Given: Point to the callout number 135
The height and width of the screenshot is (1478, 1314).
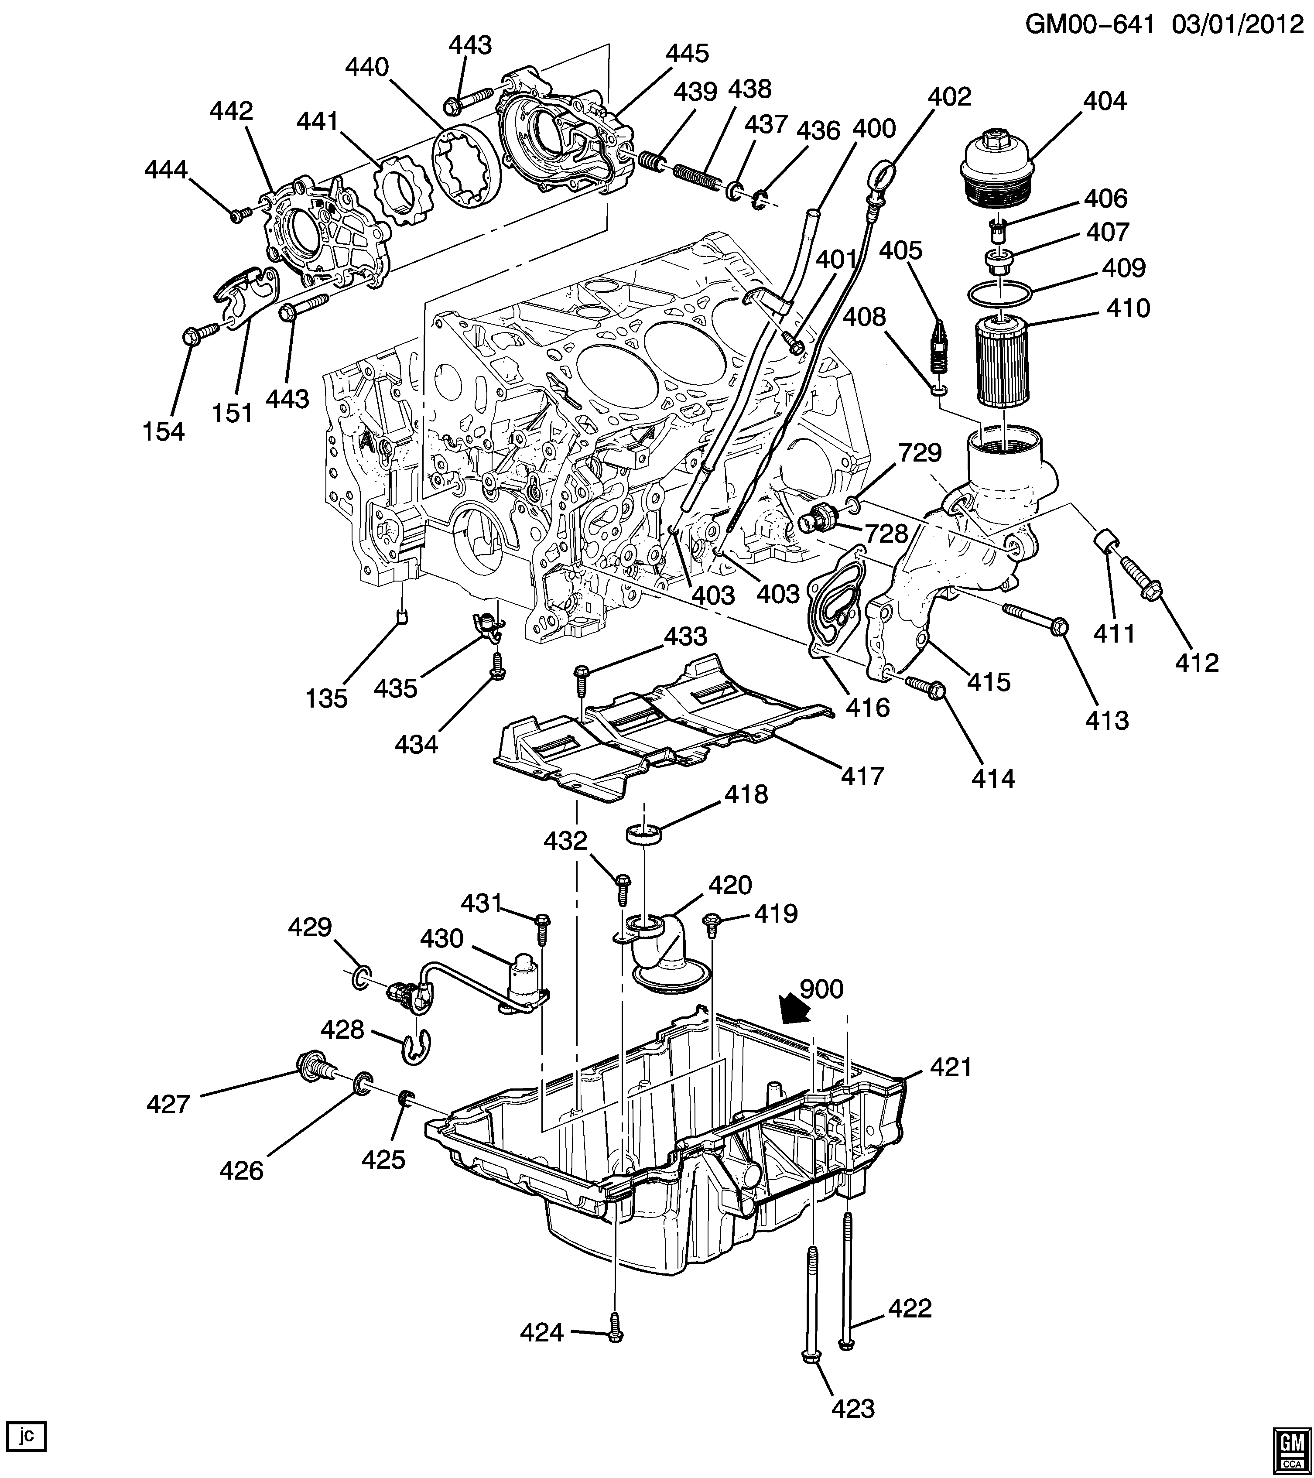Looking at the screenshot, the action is point(327,698).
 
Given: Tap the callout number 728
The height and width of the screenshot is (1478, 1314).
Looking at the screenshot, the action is point(886,534).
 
